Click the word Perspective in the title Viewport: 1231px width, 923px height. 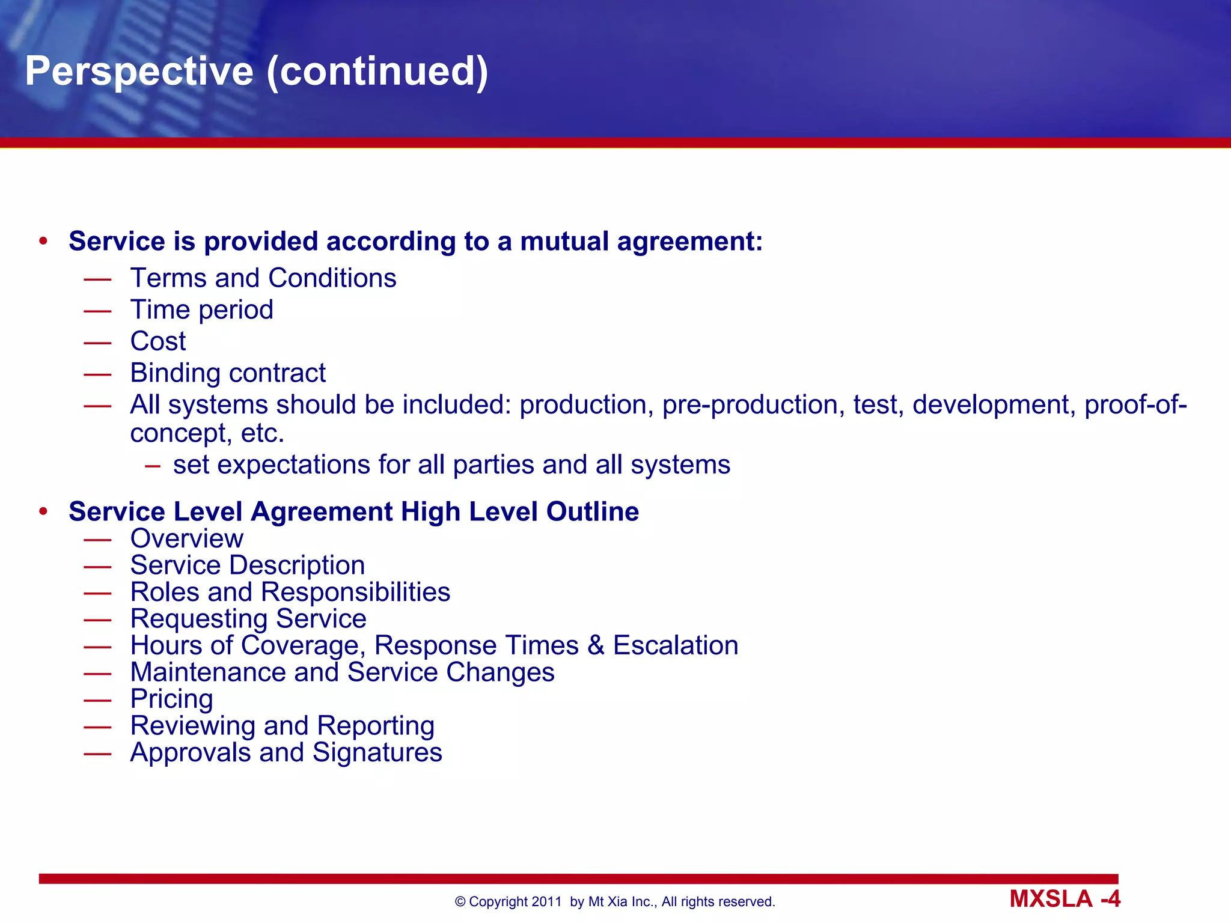coord(139,72)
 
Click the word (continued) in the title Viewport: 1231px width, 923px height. coord(377,72)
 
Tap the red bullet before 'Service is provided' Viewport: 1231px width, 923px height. coord(43,242)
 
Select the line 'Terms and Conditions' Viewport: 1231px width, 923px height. coord(263,278)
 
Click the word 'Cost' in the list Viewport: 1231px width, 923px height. coord(158,341)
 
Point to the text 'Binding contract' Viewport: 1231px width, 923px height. coord(228,373)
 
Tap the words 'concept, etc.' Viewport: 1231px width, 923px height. coord(207,433)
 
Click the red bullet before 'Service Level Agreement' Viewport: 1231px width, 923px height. coord(43,512)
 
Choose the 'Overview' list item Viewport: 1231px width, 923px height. coord(187,538)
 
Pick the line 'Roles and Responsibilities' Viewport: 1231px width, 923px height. coord(290,592)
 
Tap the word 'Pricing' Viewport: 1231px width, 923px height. coord(172,699)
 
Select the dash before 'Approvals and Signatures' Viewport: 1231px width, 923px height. coord(97,754)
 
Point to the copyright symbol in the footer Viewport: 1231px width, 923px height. coord(460,902)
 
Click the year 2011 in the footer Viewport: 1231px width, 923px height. coord(546,902)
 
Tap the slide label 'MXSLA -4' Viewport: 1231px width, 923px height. coord(1065,899)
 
